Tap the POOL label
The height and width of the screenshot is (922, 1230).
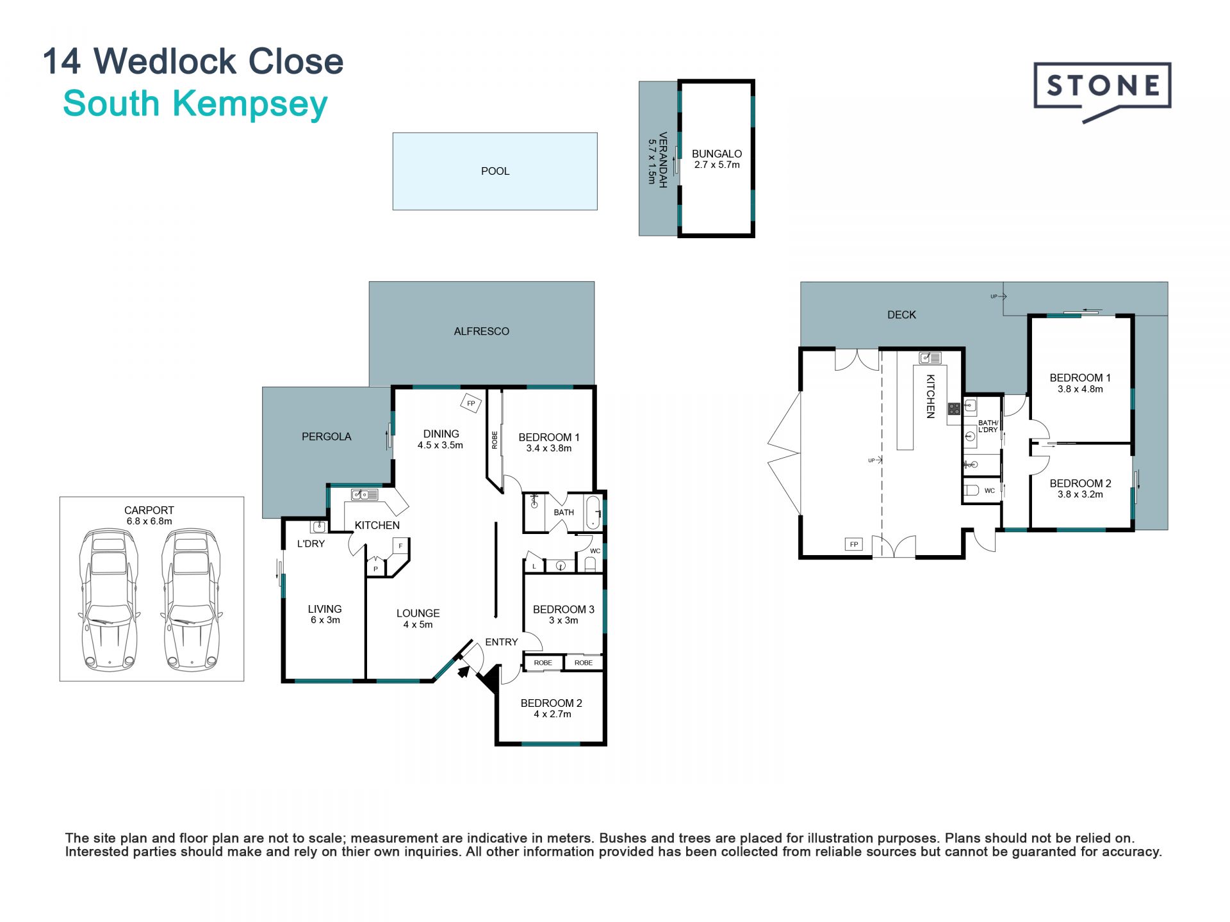(x=495, y=171)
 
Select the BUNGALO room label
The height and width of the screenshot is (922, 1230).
(x=717, y=154)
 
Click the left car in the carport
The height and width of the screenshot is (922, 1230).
(x=109, y=599)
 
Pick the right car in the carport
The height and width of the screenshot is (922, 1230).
(x=191, y=599)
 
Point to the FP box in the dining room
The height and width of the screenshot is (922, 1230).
(x=471, y=403)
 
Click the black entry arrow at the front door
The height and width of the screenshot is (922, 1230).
(x=463, y=671)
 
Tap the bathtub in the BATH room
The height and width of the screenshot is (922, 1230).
(x=594, y=512)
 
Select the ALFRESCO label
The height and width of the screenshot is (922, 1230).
(x=482, y=331)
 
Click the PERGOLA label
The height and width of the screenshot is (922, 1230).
(x=327, y=437)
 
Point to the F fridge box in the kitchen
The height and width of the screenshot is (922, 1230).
(x=401, y=546)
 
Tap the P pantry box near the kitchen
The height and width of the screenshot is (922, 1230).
(x=376, y=569)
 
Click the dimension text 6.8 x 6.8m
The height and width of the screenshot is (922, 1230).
(x=149, y=521)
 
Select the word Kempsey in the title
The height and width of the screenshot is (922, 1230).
(x=250, y=104)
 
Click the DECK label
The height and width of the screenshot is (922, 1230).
(x=901, y=314)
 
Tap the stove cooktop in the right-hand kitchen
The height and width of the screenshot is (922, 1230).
(x=954, y=408)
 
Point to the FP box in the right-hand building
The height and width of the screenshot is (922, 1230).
(x=854, y=544)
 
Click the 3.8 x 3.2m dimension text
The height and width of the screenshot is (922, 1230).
(x=1081, y=494)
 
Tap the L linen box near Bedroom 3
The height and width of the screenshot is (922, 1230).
(x=534, y=566)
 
